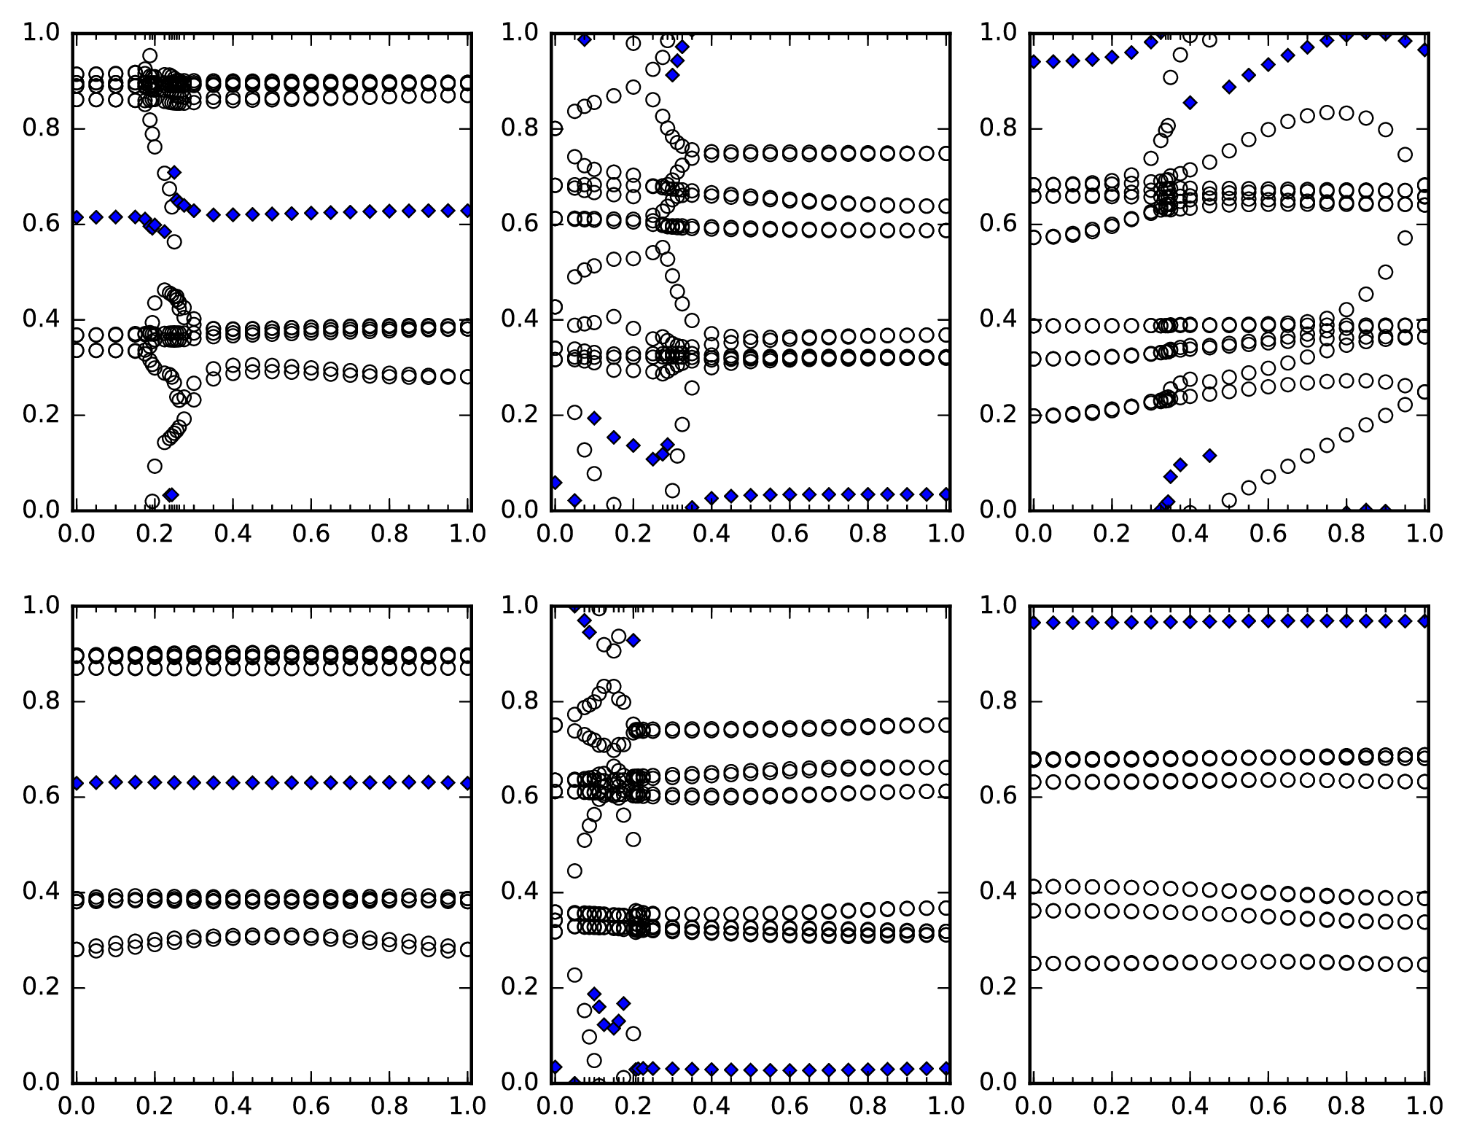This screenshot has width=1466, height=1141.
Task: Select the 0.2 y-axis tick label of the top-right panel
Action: (x=998, y=415)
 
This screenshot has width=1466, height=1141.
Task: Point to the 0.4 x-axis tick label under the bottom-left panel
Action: (x=233, y=1106)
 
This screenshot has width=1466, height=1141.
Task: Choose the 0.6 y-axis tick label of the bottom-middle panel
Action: (x=519, y=797)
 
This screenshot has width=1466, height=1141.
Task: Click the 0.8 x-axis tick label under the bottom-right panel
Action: (x=1346, y=1106)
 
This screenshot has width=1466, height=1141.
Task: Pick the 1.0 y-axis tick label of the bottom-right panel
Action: (x=998, y=606)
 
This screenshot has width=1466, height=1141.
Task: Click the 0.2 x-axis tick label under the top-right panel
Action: (x=1112, y=534)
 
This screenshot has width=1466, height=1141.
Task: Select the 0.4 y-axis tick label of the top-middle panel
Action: (x=519, y=319)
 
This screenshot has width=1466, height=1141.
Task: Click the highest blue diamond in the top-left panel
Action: (x=174, y=173)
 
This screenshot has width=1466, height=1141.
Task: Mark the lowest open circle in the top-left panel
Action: (x=152, y=501)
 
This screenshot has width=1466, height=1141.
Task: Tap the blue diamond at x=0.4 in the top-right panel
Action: (x=1190, y=103)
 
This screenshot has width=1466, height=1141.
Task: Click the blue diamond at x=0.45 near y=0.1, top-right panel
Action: (x=1210, y=456)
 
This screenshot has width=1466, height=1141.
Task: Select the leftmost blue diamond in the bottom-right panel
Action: (x=1034, y=623)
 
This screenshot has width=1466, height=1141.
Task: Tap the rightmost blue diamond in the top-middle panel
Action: (x=946, y=494)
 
